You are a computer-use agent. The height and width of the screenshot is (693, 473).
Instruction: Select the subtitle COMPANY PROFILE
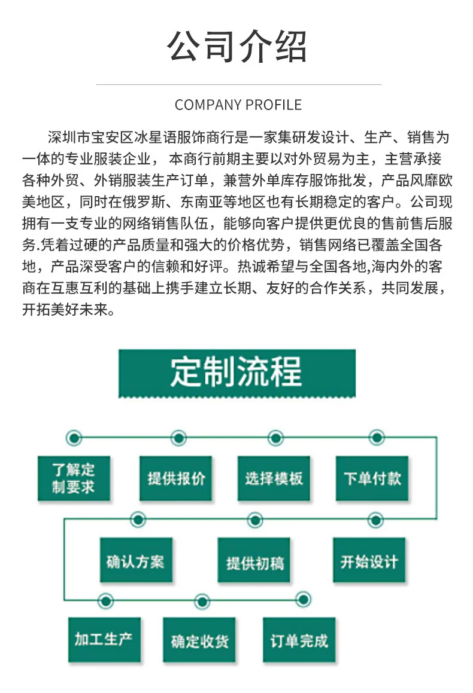click(x=238, y=105)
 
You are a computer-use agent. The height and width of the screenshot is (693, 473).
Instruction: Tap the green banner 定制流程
click(x=237, y=373)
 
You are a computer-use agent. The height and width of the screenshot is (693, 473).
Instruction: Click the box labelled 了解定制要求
click(x=74, y=478)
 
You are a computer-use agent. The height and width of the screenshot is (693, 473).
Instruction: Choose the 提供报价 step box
click(x=176, y=478)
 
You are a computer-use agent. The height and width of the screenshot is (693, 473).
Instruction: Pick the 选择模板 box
click(x=274, y=478)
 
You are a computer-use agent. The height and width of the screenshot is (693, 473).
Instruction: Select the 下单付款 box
click(x=372, y=478)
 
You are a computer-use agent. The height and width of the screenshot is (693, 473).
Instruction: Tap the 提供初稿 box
click(x=255, y=562)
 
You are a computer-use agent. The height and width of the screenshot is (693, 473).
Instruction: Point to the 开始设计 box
click(x=369, y=561)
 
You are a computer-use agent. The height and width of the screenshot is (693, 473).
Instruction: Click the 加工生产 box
click(x=104, y=640)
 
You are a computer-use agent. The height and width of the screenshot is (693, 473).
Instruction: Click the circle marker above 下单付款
click(x=376, y=438)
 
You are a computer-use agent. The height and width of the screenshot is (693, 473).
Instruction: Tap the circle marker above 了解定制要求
click(x=74, y=438)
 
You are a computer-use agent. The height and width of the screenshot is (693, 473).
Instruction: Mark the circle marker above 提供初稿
click(x=255, y=520)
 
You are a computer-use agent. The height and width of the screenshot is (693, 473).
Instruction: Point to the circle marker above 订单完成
click(x=304, y=599)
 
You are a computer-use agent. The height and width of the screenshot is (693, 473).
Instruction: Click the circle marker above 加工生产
click(x=105, y=599)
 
